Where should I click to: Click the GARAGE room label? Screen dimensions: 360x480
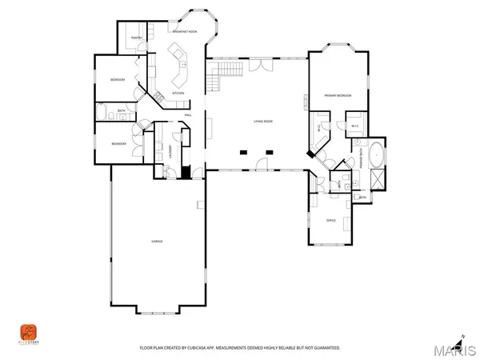point(158,241)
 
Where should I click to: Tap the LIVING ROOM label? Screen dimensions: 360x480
point(264,122)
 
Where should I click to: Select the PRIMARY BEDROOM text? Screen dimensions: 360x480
point(338,95)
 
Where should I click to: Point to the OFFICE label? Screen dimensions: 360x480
point(330,220)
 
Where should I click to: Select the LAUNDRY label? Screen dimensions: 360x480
point(170,149)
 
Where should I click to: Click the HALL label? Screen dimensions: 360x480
point(188,115)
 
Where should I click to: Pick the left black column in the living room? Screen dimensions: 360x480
point(242,150)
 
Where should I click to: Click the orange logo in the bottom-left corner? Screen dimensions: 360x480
point(27,331)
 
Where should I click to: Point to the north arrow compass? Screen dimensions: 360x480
point(462,337)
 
